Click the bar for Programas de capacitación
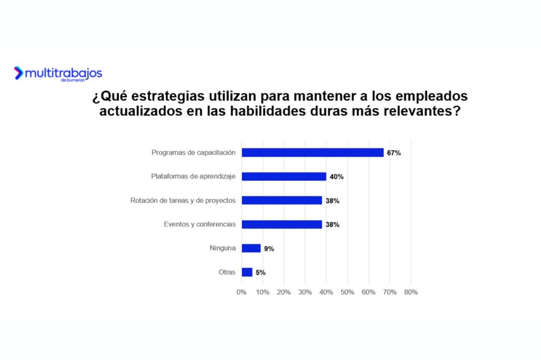point(313,153)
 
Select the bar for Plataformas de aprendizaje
point(284,176)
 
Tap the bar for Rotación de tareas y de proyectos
point(282,201)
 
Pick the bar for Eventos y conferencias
point(282,224)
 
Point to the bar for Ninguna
point(251,248)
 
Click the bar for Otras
point(247,272)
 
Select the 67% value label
point(394,153)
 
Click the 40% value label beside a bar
point(337,177)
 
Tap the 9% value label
point(269,249)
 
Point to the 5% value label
point(260,273)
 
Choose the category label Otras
point(227,272)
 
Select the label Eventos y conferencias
point(200,224)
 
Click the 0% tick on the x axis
point(241,292)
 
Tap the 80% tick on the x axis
point(411,292)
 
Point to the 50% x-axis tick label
point(347,292)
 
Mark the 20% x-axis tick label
point(284,292)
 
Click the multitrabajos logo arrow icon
point(19,73)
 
